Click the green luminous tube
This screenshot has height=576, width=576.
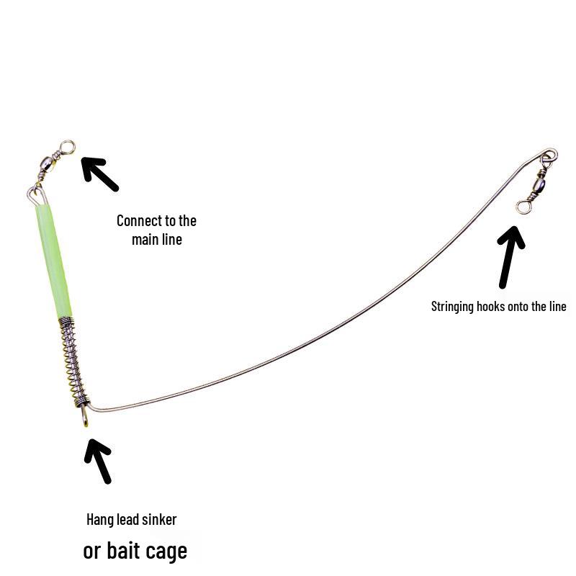53,261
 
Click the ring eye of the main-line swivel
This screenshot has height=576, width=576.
68,148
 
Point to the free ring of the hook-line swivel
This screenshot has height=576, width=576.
523,207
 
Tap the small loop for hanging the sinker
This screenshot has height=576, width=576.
85,416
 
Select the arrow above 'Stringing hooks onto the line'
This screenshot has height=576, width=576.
509,257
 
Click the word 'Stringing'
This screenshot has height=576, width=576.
452,307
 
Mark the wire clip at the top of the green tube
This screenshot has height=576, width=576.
37,194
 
